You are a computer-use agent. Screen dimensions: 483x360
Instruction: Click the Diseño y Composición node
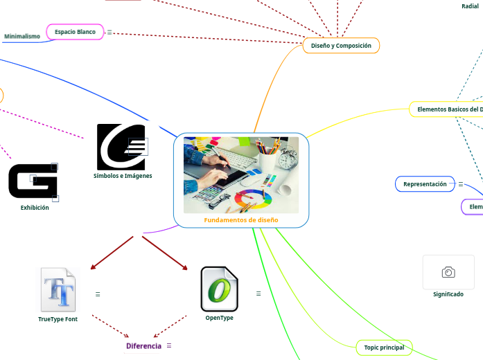[x=341, y=46]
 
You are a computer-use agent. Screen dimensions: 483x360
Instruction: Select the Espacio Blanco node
[x=75, y=32]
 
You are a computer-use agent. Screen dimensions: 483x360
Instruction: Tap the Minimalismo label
[x=22, y=36]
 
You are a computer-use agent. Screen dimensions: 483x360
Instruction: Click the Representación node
[x=425, y=184]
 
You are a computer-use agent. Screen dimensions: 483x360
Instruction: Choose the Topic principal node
[x=383, y=347]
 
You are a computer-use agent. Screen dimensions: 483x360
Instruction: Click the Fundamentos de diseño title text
[x=241, y=220]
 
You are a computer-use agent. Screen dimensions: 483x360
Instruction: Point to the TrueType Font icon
[x=57, y=289]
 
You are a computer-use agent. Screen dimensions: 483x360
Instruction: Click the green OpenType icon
[x=219, y=289]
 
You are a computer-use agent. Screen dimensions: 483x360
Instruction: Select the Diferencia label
[x=143, y=345]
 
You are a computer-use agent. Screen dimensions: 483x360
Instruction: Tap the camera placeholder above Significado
[x=448, y=272]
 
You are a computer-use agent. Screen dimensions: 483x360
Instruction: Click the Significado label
[x=448, y=294]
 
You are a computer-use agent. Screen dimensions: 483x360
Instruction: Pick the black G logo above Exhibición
[x=33, y=181]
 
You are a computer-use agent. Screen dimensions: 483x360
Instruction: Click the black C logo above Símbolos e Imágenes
[x=121, y=146]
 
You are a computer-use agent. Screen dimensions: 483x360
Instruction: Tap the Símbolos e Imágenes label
[x=123, y=176]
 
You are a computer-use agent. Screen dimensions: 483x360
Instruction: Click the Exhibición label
[x=35, y=208]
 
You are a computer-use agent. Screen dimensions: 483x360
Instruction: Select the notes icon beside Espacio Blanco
[x=109, y=32]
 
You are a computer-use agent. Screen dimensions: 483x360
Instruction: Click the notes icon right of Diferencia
[x=169, y=345]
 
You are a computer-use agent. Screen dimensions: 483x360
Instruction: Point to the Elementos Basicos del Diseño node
[x=447, y=109]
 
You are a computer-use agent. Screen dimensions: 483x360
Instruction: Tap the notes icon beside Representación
[x=461, y=184]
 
